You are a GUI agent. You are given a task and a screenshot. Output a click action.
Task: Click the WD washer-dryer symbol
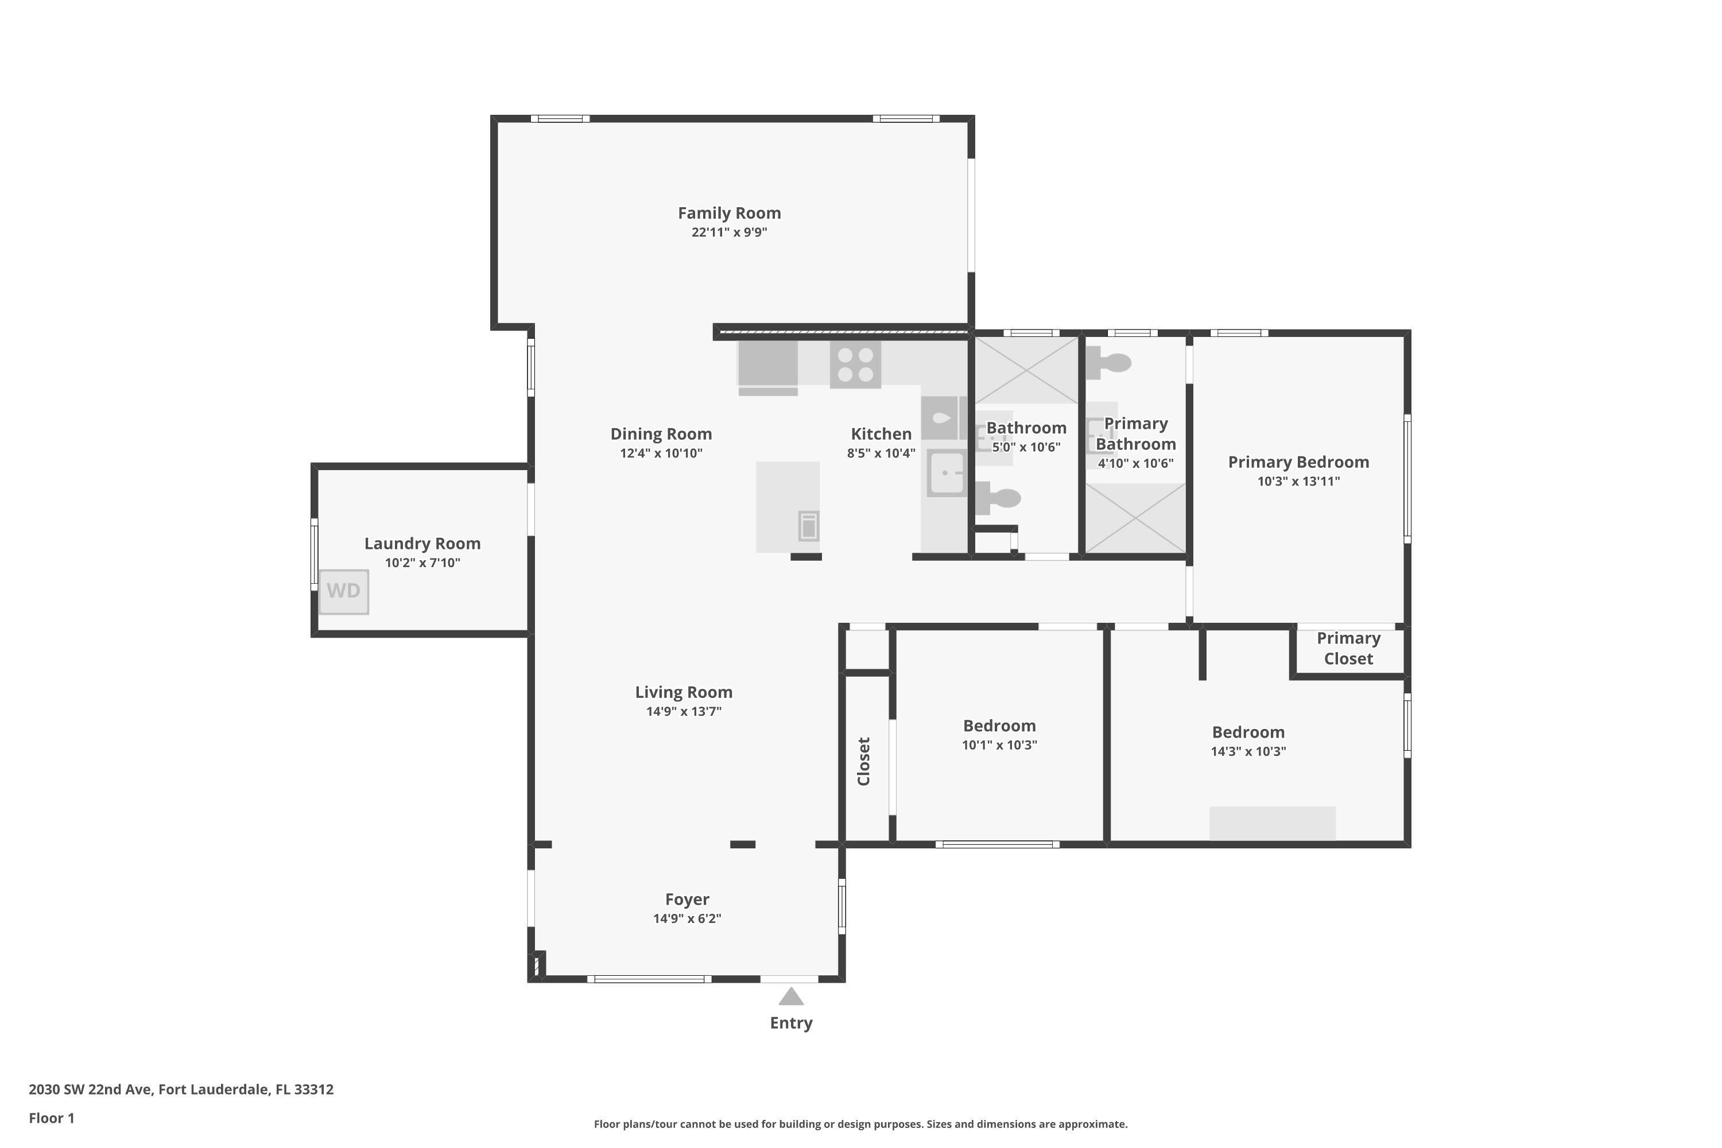pyautogui.click(x=343, y=591)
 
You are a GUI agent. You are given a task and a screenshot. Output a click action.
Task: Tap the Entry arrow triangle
pyautogui.click(x=791, y=996)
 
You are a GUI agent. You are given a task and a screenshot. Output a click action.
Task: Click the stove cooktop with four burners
pyautogui.click(x=855, y=364)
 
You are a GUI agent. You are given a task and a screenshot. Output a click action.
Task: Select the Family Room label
pyautogui.click(x=729, y=213)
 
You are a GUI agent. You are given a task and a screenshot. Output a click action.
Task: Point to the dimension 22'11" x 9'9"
pyautogui.click(x=729, y=232)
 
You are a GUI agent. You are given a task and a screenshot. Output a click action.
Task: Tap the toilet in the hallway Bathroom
pyautogui.click(x=999, y=499)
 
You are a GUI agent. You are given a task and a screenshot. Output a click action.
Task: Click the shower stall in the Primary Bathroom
pyautogui.click(x=1135, y=518)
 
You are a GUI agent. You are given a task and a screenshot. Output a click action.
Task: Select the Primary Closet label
pyautogui.click(x=1348, y=649)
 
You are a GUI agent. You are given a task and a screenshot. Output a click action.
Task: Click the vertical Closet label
pyautogui.click(x=864, y=762)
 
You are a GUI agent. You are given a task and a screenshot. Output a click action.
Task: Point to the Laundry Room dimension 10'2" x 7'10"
pyautogui.click(x=422, y=563)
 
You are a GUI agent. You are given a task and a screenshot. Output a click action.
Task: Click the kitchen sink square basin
pyautogui.click(x=947, y=473)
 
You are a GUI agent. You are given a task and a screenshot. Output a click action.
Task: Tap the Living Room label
pyautogui.click(x=684, y=692)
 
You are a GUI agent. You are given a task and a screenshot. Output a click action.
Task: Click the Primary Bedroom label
pyautogui.click(x=1298, y=462)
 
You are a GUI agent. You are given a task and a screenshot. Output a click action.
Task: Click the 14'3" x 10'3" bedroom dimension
pyautogui.click(x=1248, y=751)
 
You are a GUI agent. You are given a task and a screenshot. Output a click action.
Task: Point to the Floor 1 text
pyautogui.click(x=51, y=1118)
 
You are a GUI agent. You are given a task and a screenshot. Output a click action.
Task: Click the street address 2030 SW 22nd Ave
pyautogui.click(x=181, y=1089)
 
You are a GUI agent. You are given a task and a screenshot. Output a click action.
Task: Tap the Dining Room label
pyautogui.click(x=661, y=433)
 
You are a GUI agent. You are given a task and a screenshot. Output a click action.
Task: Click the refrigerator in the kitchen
pyautogui.click(x=768, y=364)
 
